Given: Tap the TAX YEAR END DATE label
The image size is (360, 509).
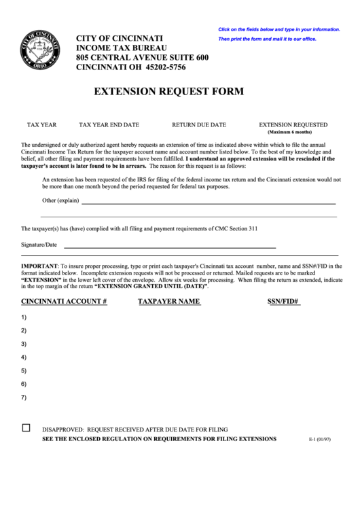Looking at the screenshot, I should click(109, 125).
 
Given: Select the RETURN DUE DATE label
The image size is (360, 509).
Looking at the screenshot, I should click(198, 125).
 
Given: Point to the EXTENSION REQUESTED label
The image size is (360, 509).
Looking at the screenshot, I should click(293, 125).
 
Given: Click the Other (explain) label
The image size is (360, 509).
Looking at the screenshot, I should click(60, 201).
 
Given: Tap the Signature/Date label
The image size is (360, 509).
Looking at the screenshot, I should click(39, 244).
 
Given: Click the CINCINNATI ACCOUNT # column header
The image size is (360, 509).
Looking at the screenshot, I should click(64, 300).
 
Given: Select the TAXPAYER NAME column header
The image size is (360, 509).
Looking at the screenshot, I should click(168, 300).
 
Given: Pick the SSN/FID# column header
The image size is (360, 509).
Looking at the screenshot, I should click(283, 300).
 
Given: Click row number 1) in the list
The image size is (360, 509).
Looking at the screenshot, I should click(24, 317).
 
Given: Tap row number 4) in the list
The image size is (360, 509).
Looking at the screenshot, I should click(24, 357).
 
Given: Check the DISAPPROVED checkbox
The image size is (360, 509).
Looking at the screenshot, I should click(26, 428).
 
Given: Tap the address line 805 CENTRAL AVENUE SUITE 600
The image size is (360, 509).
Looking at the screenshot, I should click(142, 58).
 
